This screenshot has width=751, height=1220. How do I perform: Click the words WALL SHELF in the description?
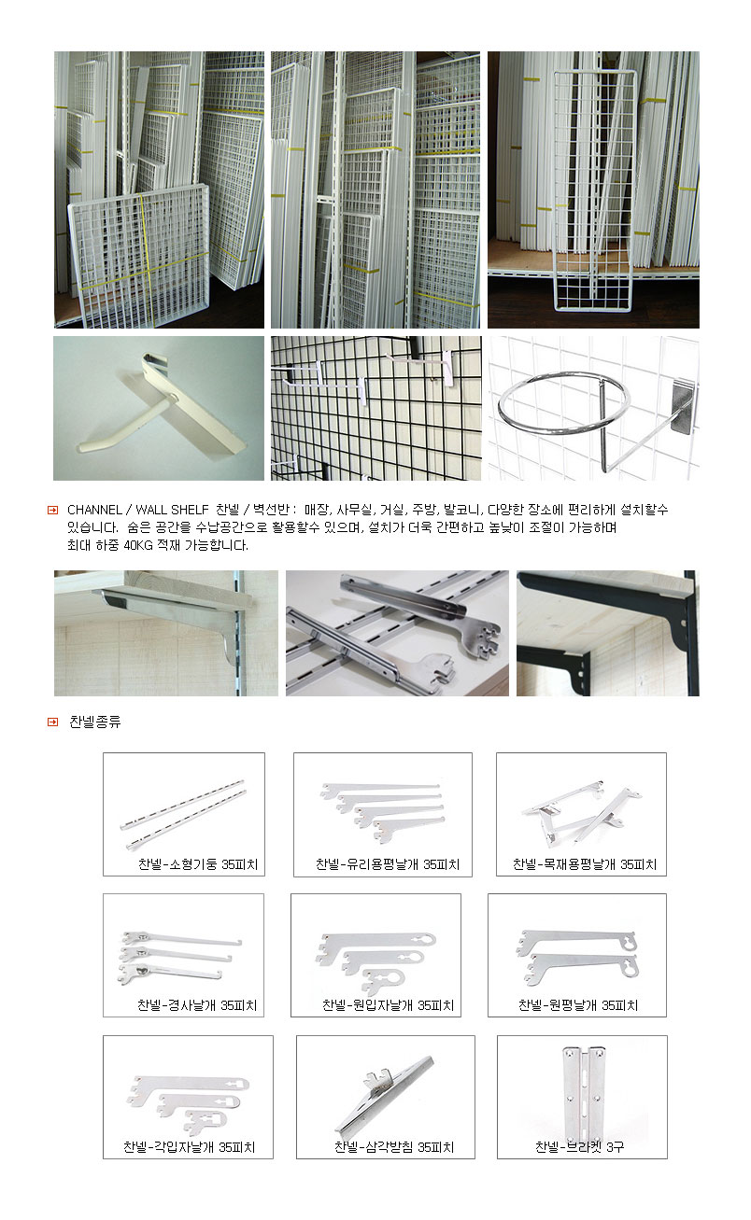(172, 510)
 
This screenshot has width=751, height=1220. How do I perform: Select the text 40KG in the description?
(138, 545)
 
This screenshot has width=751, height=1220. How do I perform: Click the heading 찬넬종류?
(95, 722)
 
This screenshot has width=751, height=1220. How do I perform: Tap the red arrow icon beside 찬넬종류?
(53, 722)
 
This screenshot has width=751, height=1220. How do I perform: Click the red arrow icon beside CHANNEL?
(53, 510)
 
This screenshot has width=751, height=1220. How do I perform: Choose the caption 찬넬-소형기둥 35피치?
(198, 864)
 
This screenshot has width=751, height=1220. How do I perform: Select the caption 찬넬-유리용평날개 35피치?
(388, 864)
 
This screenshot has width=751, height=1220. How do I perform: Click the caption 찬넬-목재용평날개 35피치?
(585, 864)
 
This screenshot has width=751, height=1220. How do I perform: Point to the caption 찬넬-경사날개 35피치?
(197, 1005)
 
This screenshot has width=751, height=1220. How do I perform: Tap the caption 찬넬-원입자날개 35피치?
(388, 1005)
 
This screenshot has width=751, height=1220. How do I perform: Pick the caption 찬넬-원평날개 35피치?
(578, 1005)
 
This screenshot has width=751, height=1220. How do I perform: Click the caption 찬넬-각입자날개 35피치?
(189, 1147)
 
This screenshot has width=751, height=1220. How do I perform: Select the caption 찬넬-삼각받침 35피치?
(394, 1147)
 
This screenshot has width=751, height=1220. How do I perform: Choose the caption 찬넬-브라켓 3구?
(580, 1147)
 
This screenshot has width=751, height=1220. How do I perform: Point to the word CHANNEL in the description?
(95, 510)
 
